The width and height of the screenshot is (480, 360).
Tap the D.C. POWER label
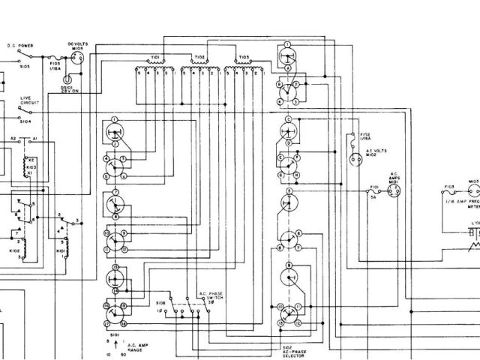[x=19, y=45]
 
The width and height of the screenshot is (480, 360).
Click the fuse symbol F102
[x=352, y=137]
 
